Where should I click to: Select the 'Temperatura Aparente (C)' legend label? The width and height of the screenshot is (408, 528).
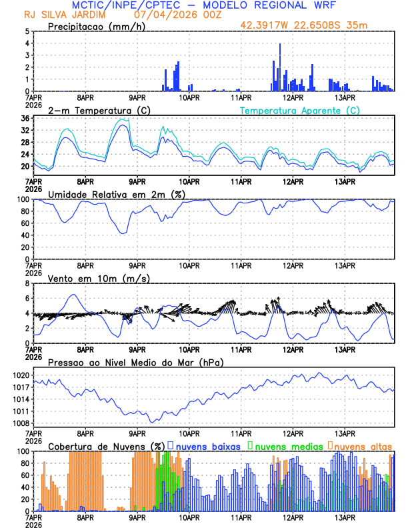[299, 110]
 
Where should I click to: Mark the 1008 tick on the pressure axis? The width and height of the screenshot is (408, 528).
[19, 423]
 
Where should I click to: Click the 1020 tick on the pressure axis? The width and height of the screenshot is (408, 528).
[19, 375]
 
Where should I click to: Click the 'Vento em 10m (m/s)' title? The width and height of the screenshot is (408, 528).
[99, 278]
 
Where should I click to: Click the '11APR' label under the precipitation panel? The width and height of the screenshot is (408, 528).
[241, 97]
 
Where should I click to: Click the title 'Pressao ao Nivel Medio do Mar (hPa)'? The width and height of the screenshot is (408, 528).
[135, 362]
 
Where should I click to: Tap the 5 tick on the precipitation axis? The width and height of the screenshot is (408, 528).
[27, 31]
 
